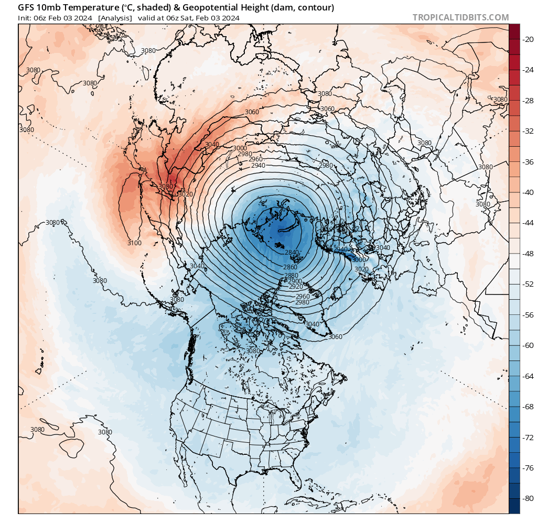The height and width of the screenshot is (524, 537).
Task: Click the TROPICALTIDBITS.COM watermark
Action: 460,17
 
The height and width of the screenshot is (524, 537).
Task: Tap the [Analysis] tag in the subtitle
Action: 114,18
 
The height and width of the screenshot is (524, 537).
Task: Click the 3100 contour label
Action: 134,243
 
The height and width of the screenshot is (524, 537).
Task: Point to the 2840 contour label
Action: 292,253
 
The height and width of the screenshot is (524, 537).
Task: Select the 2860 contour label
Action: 290,267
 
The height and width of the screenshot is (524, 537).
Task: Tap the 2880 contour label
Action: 291,276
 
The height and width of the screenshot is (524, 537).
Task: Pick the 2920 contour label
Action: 296,287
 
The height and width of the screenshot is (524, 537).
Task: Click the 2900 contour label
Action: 295,281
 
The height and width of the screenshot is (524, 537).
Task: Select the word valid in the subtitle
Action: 147,18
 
